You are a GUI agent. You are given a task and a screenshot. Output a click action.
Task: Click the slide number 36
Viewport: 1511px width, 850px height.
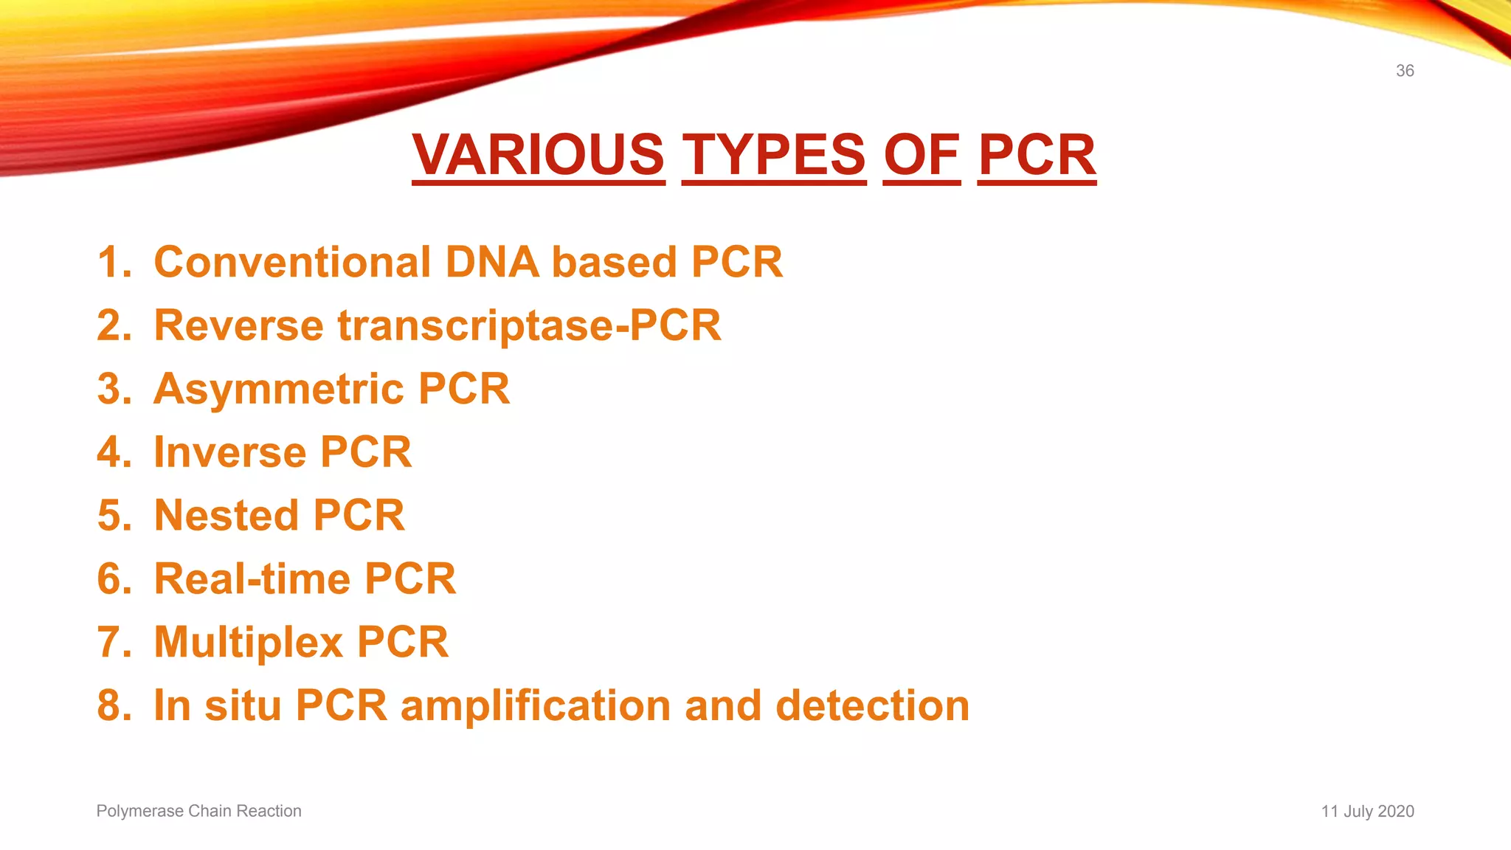(x=1404, y=71)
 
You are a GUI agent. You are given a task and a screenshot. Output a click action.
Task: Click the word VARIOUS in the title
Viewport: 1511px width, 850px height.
(x=539, y=155)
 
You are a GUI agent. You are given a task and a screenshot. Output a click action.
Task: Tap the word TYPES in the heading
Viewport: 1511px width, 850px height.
(x=773, y=155)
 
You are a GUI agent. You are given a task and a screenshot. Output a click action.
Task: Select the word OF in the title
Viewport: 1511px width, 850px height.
(x=922, y=155)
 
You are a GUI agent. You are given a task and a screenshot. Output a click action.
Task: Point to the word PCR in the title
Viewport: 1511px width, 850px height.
(x=1037, y=155)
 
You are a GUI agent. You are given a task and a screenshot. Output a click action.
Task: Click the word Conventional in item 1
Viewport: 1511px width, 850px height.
(x=292, y=262)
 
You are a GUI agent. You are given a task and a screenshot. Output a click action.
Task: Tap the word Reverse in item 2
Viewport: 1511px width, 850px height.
(x=238, y=325)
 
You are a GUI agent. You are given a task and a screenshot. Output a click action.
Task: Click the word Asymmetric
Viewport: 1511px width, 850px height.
(x=278, y=389)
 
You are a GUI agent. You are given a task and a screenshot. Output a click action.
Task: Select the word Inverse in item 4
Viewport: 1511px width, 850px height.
(x=229, y=452)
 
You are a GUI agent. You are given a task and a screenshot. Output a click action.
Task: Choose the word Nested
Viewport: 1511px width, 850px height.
(x=226, y=515)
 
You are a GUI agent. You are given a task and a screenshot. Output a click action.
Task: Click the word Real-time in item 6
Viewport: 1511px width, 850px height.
(x=252, y=578)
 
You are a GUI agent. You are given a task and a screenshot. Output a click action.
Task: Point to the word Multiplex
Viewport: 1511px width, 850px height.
(x=248, y=642)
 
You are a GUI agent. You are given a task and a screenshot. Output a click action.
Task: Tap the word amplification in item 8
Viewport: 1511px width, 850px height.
(x=535, y=705)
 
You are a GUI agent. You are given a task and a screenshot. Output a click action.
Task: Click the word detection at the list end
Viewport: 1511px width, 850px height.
(x=872, y=705)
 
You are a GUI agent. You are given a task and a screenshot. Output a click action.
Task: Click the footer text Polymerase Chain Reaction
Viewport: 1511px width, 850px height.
(x=198, y=811)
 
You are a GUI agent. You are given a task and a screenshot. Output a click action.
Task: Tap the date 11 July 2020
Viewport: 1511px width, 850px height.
(x=1367, y=811)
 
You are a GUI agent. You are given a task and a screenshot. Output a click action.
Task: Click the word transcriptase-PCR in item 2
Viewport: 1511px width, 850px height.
(x=529, y=325)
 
